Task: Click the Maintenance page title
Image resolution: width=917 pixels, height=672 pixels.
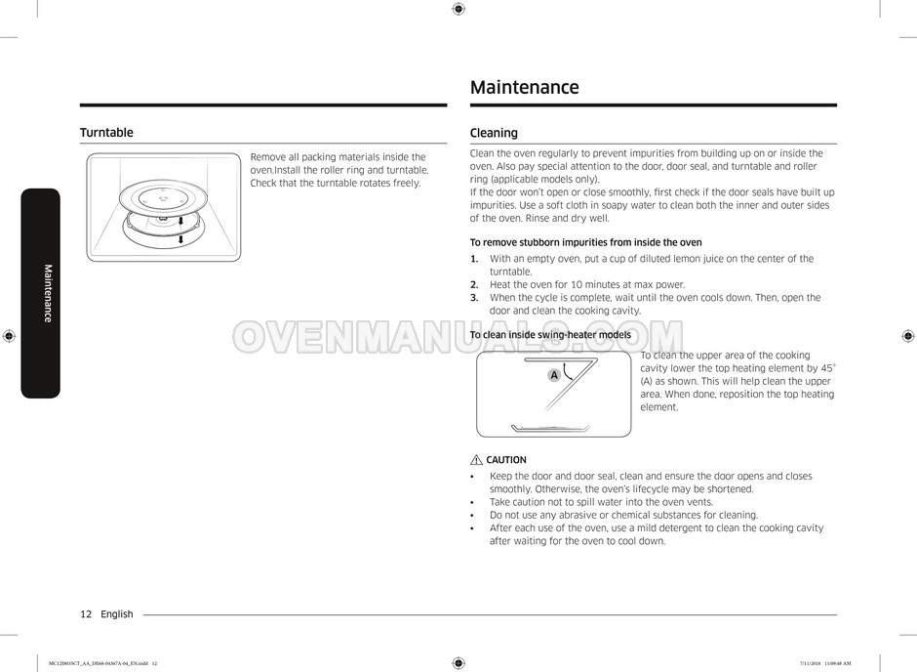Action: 524,88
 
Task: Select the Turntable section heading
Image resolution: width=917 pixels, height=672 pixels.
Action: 106,133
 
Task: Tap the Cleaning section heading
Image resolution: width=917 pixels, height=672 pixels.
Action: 494,133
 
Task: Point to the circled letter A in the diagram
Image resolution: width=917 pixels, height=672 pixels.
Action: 554,375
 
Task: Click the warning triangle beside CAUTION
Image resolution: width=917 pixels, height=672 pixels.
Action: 476,460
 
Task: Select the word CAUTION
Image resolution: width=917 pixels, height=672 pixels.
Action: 506,460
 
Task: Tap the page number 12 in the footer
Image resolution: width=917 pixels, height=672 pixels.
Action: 86,614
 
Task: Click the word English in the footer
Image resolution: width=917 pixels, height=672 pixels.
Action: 117,614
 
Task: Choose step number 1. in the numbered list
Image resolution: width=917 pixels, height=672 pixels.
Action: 474,259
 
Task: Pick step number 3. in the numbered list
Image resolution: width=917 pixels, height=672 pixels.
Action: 474,298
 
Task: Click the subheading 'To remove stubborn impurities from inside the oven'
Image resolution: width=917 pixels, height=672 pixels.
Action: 585,242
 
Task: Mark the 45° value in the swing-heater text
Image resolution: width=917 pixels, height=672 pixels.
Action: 827,368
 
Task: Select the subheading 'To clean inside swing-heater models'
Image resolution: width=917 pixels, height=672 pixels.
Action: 550,335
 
